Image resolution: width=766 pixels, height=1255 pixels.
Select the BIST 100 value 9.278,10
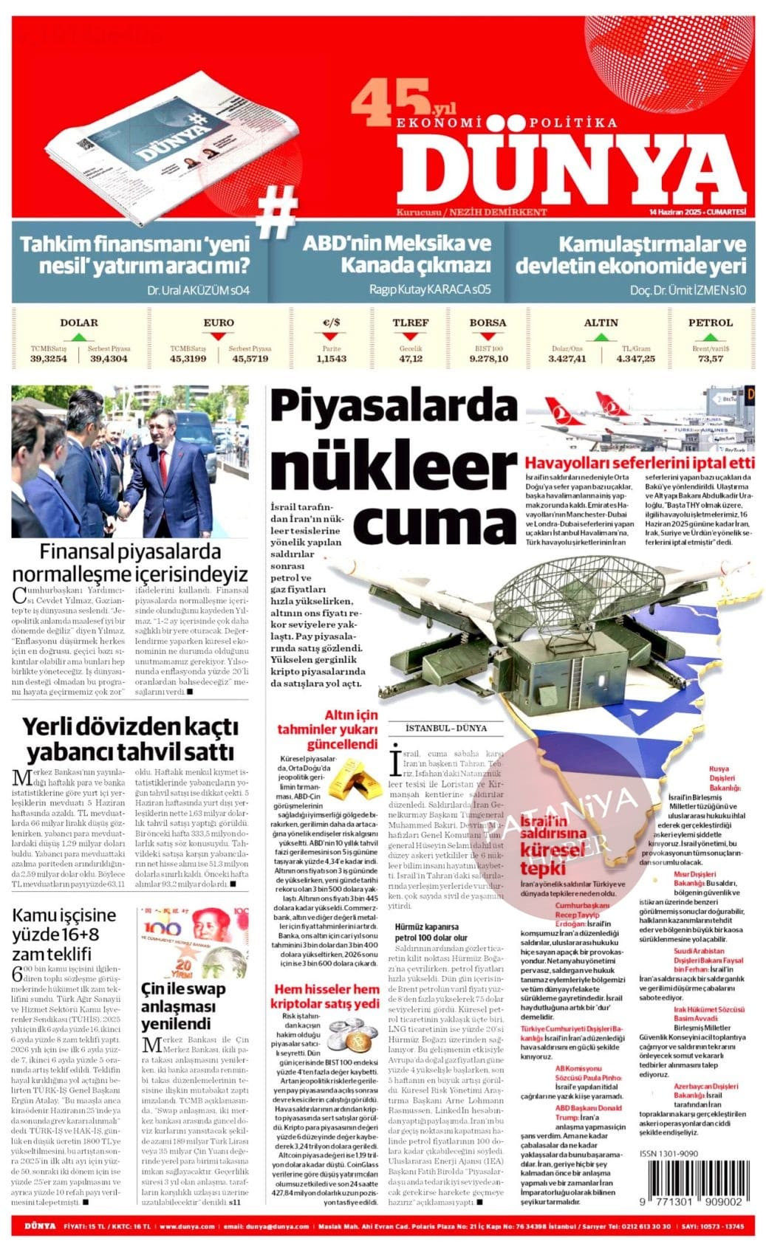(x=488, y=359)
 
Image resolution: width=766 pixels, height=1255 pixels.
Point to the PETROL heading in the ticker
(x=710, y=323)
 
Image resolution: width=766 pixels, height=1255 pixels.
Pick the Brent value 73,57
(x=710, y=359)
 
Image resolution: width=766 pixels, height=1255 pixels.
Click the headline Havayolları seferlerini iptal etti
(x=640, y=463)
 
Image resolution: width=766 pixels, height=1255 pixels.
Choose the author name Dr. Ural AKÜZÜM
(x=199, y=290)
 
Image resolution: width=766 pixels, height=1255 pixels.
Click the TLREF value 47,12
(x=411, y=359)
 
